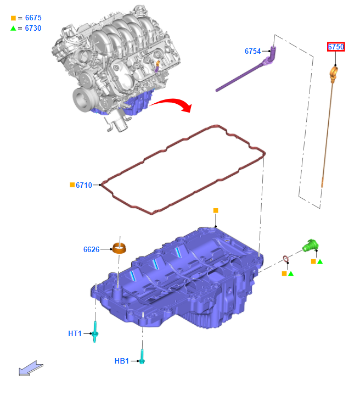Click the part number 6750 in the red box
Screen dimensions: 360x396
[336, 47]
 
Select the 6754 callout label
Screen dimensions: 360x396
[252, 51]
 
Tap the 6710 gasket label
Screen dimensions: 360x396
[84, 185]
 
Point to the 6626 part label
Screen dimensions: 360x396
[91, 249]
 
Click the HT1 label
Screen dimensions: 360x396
[75, 333]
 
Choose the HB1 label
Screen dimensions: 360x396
[122, 361]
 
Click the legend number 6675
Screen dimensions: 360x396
[33, 18]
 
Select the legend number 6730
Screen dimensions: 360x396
[33, 28]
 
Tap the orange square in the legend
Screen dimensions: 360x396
[13, 18]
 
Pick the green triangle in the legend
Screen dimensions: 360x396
[13, 29]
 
